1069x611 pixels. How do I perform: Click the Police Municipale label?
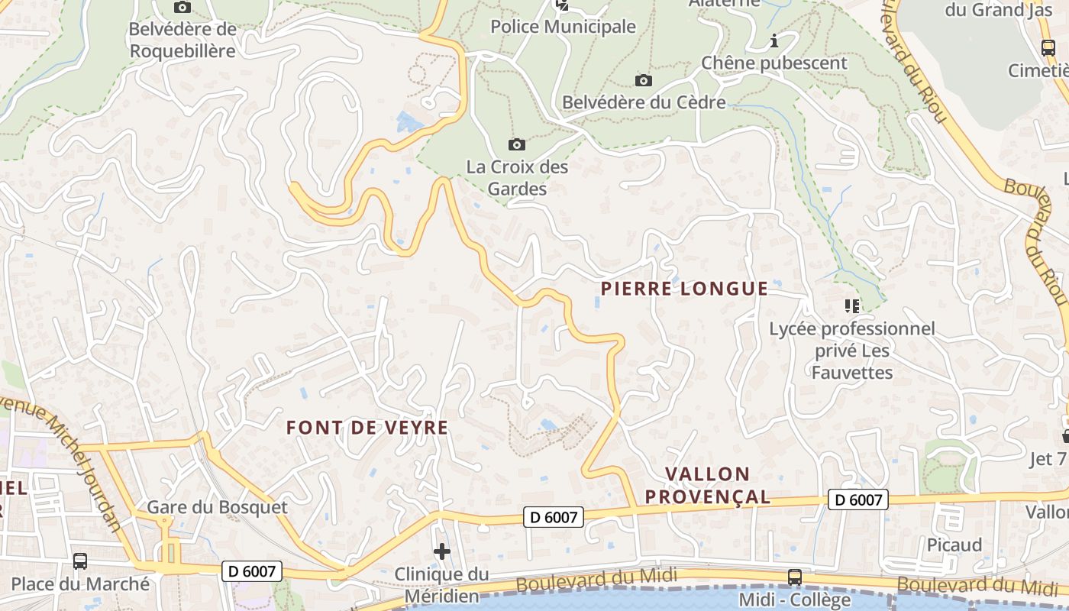563,27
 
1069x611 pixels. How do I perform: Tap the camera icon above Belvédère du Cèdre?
644,80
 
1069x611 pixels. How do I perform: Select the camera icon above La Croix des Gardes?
517,144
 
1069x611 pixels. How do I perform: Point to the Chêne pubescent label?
774,63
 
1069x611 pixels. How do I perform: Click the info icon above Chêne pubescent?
774,40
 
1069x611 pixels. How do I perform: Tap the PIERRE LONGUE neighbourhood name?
684,289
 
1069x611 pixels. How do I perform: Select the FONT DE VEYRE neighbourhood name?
367,428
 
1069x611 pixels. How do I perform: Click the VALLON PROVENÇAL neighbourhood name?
708,485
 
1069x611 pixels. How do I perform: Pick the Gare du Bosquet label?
217,507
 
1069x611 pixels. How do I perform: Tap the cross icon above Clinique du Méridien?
441,551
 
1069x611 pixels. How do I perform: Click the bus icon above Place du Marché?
80,561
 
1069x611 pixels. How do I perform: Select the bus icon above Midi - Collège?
795,577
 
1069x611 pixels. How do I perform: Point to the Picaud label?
954,545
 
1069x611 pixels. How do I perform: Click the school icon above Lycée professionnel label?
852,307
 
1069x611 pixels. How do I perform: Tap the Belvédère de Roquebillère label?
182,40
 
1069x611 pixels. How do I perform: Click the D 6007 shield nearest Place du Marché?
253,571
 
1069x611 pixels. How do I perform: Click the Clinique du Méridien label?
441,585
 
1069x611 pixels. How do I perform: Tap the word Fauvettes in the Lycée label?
851,373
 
